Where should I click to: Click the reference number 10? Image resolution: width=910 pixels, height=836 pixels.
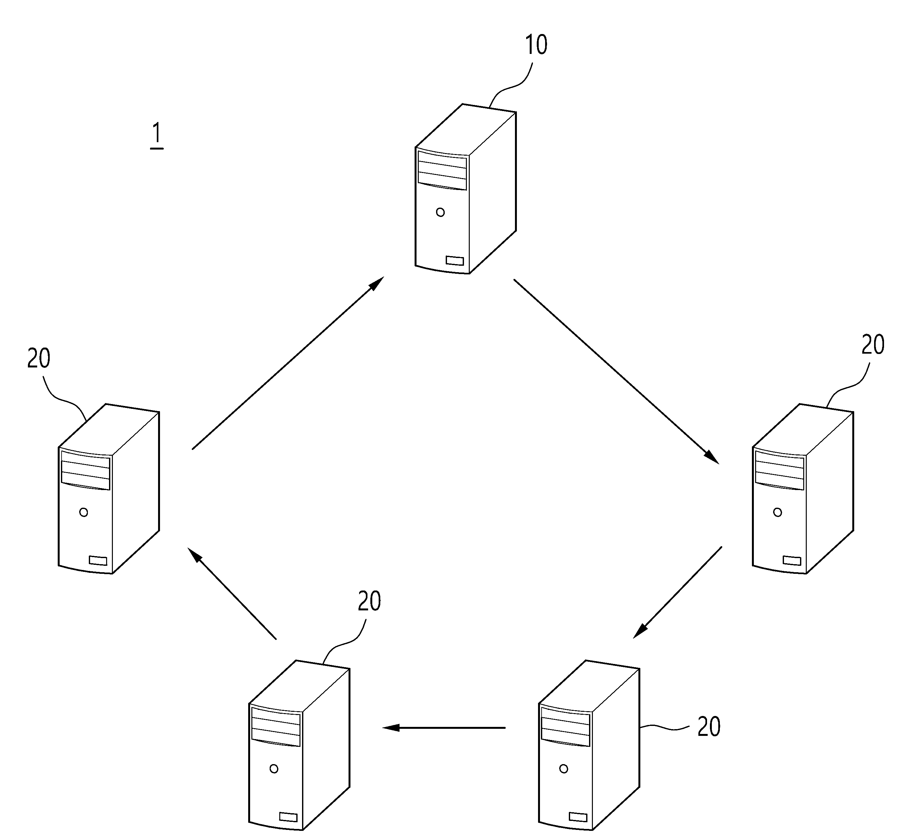(x=536, y=45)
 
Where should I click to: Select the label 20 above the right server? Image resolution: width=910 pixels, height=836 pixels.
(x=873, y=345)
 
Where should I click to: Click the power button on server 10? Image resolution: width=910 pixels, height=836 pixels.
(x=440, y=212)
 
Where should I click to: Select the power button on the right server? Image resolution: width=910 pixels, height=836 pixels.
(x=778, y=512)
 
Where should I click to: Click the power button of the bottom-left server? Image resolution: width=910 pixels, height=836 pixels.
(x=274, y=769)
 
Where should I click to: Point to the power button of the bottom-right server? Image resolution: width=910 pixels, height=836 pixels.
(x=564, y=769)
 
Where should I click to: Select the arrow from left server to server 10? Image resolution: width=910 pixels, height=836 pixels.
(x=288, y=363)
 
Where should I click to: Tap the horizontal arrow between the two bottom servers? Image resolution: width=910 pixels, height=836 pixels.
(x=443, y=728)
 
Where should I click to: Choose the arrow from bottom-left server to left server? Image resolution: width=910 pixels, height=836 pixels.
(x=232, y=593)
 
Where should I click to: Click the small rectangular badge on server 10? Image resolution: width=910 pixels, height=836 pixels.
(x=455, y=261)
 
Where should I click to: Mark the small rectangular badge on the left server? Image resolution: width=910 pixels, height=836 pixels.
(x=98, y=561)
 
